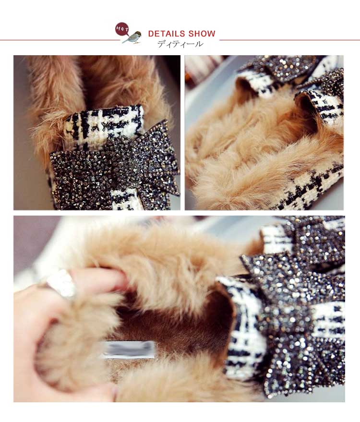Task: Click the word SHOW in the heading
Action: pos(202,34)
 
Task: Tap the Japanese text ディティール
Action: pos(180,44)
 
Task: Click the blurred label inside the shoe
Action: pos(127,350)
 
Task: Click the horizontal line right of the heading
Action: pos(289,40)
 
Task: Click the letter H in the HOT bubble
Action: pos(119,27)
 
